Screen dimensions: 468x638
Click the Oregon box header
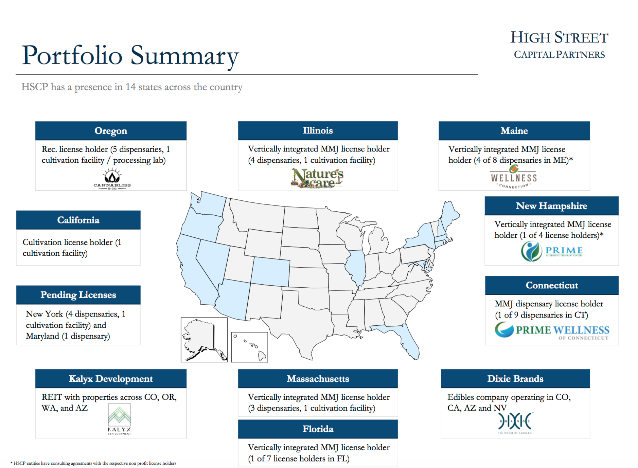[x=111, y=131]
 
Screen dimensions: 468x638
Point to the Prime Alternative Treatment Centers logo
[x=552, y=251]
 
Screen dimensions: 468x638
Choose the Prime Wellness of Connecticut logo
[x=552, y=330]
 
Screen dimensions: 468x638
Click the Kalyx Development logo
[x=119, y=420]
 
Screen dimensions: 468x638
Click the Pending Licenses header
[x=78, y=295]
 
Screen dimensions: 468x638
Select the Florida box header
[x=318, y=429]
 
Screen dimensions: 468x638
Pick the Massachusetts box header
[x=318, y=379]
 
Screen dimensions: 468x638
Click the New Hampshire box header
[x=551, y=206]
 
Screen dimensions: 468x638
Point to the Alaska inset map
[x=204, y=340]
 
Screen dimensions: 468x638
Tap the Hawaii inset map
[x=249, y=347]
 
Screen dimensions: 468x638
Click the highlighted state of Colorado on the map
[x=270, y=272]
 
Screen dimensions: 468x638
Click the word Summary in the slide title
[x=185, y=56]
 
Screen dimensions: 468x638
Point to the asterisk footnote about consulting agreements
[x=93, y=463]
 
